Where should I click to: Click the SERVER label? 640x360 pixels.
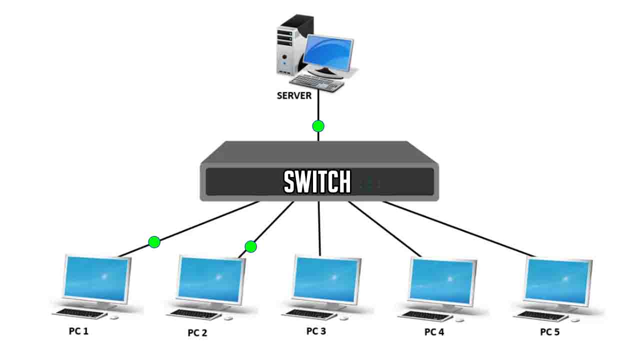(294, 95)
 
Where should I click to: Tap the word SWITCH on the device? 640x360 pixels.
(317, 182)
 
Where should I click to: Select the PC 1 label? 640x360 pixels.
(78, 331)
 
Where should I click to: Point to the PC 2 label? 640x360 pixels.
(197, 332)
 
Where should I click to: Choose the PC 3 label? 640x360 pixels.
(316, 331)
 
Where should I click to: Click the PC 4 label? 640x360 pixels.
(434, 332)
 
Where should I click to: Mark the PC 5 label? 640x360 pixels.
(549, 332)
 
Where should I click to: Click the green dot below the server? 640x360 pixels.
(318, 126)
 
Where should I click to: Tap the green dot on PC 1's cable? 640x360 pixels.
(154, 242)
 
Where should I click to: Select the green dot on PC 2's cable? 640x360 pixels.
(250, 246)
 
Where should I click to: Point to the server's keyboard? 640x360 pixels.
(317, 82)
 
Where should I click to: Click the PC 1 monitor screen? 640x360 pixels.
(96, 278)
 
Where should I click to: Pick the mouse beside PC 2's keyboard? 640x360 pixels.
(228, 318)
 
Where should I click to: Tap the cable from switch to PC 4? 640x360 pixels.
(385, 229)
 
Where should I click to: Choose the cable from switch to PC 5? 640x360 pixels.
(460, 229)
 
